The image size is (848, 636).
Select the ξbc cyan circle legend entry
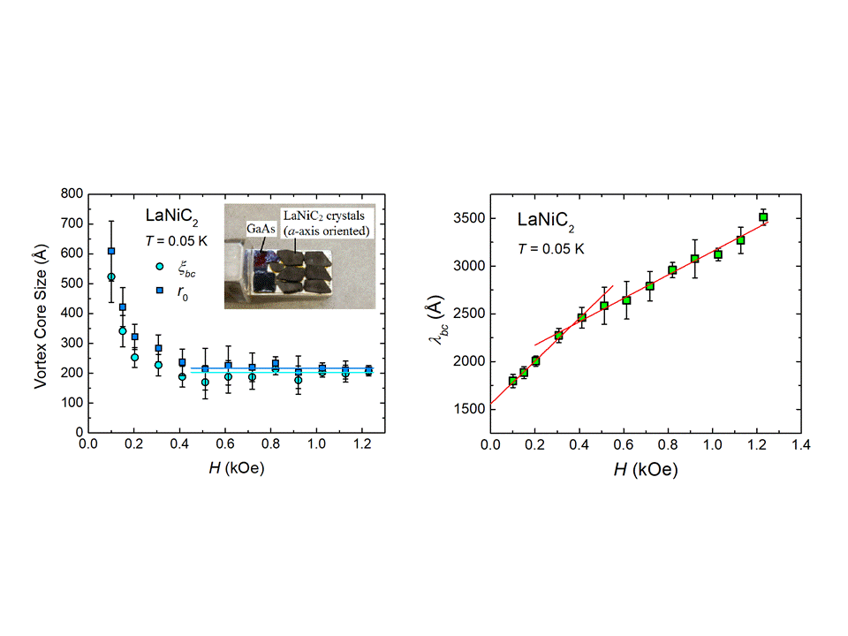(160, 266)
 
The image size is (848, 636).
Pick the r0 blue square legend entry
(160, 289)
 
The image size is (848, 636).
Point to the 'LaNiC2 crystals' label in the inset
(326, 215)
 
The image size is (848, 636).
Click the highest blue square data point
(111, 251)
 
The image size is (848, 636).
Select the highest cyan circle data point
(111, 277)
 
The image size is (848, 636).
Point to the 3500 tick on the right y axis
(466, 218)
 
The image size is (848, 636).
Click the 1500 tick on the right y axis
(466, 410)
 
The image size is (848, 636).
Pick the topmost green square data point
(763, 217)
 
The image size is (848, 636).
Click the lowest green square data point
(513, 381)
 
